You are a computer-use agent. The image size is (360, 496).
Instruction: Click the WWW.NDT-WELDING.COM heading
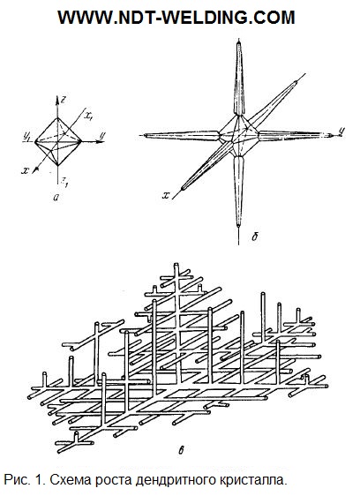pyautogui.click(x=176, y=18)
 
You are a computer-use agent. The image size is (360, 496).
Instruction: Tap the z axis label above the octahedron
pyautogui.click(x=64, y=100)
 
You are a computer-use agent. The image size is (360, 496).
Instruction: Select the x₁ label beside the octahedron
pyautogui.click(x=88, y=116)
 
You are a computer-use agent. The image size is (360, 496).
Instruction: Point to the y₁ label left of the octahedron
pyautogui.click(x=26, y=136)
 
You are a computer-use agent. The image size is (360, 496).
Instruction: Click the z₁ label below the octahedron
pyautogui.click(x=64, y=181)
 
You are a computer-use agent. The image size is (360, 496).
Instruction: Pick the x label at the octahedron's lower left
pyautogui.click(x=26, y=170)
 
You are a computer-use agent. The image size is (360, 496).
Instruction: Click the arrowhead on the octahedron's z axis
pyautogui.click(x=57, y=101)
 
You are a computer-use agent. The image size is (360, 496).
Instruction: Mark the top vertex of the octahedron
pyautogui.click(x=57, y=118)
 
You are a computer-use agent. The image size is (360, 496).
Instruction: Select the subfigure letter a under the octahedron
pyautogui.click(x=56, y=198)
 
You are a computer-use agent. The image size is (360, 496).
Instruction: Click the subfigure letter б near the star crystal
pyautogui.click(x=255, y=237)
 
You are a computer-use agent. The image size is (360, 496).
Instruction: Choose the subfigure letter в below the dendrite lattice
pyautogui.click(x=181, y=450)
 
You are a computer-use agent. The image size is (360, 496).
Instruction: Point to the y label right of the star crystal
pyautogui.click(x=341, y=131)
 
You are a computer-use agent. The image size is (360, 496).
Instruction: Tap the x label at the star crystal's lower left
pyautogui.click(x=166, y=195)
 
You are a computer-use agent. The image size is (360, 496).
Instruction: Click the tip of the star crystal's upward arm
pyautogui.click(x=239, y=42)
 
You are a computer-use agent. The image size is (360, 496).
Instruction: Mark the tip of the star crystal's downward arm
pyautogui.click(x=238, y=226)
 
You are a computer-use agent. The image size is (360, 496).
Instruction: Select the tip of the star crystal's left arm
pyautogui.click(x=146, y=135)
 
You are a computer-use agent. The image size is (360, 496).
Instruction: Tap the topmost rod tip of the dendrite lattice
pyautogui.click(x=176, y=265)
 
